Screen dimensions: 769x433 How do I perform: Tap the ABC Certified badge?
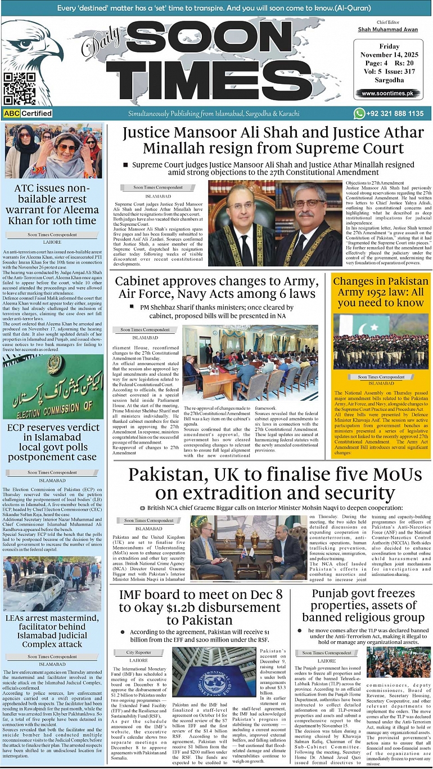tap(28, 114)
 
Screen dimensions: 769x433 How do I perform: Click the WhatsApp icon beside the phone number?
tap(359, 114)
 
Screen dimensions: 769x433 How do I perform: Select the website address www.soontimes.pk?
tap(387, 93)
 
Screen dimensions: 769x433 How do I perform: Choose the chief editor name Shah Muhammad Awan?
tap(387, 29)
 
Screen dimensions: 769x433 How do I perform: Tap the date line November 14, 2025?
tap(387, 55)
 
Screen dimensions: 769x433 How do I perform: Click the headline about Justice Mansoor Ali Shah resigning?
tap(273, 140)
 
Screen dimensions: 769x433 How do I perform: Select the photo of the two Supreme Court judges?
tap(276, 223)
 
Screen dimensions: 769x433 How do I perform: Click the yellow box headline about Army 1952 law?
tap(380, 292)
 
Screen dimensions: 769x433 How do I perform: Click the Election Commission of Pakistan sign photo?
tap(53, 387)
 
